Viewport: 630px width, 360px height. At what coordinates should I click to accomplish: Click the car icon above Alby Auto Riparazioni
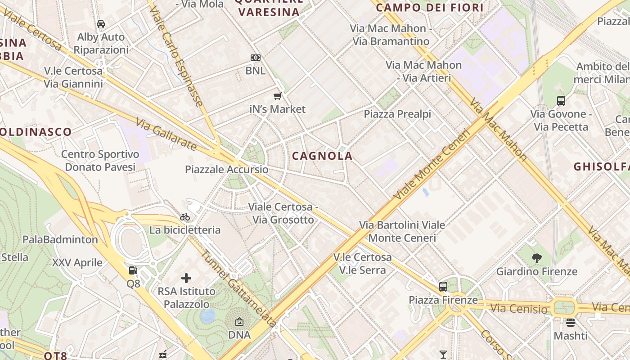tap(101, 23)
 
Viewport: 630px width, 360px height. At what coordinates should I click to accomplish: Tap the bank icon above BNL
tap(256, 57)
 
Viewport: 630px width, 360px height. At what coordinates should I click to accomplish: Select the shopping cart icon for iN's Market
tap(278, 96)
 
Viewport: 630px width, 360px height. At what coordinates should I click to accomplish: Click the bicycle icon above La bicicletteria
tap(185, 217)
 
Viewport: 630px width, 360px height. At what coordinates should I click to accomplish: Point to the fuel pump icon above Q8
tap(133, 270)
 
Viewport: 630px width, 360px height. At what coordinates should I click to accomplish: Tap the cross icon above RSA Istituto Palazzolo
tap(186, 278)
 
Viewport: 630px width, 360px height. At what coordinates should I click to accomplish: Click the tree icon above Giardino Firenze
tap(536, 258)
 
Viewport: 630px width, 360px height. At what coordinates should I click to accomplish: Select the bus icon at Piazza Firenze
tap(443, 286)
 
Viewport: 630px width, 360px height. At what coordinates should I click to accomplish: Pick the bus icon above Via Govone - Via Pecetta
tap(561, 101)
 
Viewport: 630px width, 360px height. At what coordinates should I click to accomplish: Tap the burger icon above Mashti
tap(571, 322)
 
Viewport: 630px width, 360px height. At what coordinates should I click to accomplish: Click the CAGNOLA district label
tap(322, 156)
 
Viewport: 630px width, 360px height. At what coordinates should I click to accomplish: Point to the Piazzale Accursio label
tap(227, 170)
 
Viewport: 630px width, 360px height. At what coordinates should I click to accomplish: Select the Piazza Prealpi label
tap(397, 114)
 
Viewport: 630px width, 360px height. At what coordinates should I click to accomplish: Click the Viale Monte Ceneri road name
tap(432, 164)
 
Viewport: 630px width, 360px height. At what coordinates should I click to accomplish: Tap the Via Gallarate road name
tap(166, 134)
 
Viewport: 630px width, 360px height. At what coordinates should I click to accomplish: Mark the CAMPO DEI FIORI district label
tap(429, 8)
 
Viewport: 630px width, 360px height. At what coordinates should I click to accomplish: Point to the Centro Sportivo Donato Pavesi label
tap(100, 161)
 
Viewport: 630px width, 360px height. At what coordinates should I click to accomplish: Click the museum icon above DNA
tap(239, 322)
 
